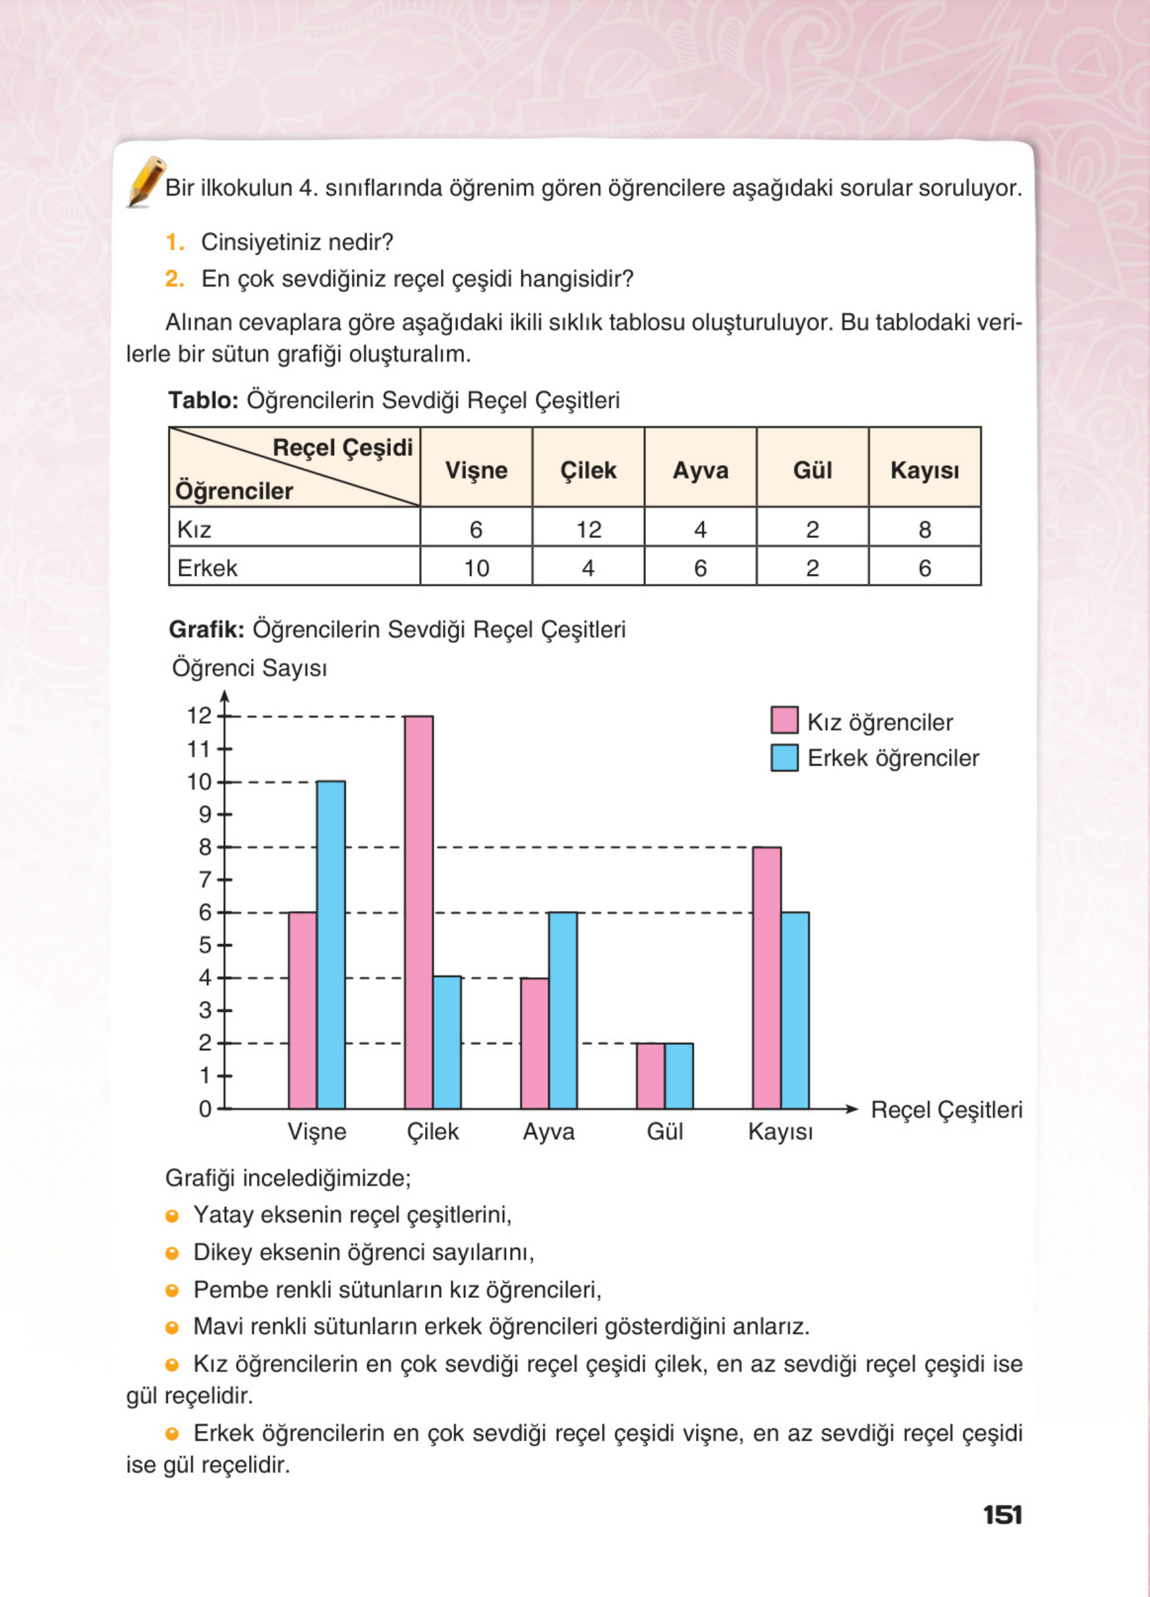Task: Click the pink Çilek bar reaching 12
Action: pyautogui.click(x=418, y=912)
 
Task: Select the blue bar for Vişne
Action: pyautogui.click(x=330, y=944)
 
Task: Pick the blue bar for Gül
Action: pyautogui.click(x=678, y=1075)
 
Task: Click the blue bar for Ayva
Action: pyautogui.click(x=563, y=1010)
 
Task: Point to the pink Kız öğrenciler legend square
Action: pyautogui.click(x=784, y=720)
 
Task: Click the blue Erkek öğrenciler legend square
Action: pyautogui.click(x=784, y=758)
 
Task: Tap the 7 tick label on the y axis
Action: pyautogui.click(x=204, y=880)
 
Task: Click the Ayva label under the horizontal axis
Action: pyautogui.click(x=548, y=1132)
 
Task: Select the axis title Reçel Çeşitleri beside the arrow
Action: pyautogui.click(x=946, y=1109)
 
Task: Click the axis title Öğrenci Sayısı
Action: pyautogui.click(x=249, y=667)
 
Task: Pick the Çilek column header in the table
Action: pyautogui.click(x=588, y=470)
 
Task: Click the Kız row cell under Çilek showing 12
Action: pyautogui.click(x=588, y=529)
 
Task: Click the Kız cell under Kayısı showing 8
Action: pyautogui.click(x=924, y=529)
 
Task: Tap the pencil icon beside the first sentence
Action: pyautogui.click(x=146, y=182)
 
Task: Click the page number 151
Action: pyautogui.click(x=1002, y=1515)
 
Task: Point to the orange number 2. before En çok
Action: pyautogui.click(x=174, y=279)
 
